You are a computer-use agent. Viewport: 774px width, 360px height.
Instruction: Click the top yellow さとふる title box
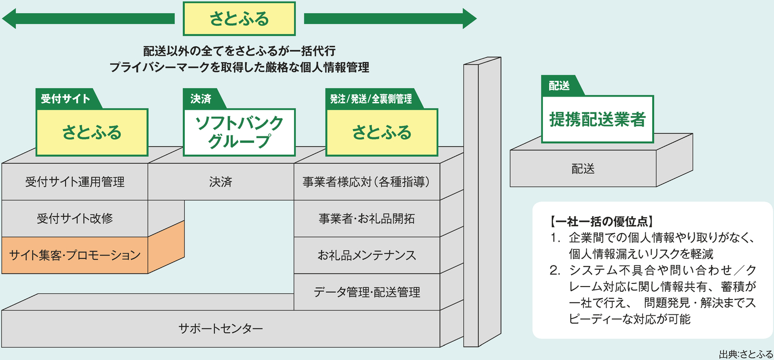click(239, 19)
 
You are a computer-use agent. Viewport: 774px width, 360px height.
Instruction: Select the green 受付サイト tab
click(66, 99)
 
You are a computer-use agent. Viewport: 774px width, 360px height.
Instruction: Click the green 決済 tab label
click(201, 99)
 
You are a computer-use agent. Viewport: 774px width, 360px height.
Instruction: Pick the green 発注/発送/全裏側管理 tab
click(371, 99)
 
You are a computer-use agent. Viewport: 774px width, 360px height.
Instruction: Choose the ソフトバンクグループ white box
click(239, 132)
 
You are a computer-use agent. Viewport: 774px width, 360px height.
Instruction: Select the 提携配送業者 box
click(597, 120)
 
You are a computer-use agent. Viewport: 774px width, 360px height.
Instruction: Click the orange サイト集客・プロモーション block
click(75, 256)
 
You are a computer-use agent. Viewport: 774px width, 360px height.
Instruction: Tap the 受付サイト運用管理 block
click(75, 182)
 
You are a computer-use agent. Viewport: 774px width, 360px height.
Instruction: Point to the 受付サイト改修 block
click(75, 218)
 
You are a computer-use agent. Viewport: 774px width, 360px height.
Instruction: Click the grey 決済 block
click(221, 182)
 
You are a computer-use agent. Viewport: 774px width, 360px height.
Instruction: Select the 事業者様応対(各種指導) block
click(367, 182)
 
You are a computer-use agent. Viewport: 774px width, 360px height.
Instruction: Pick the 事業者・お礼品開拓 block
click(367, 218)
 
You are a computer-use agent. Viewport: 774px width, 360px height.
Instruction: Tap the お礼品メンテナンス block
click(367, 255)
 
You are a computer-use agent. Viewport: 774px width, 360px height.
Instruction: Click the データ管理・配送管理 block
click(367, 292)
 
